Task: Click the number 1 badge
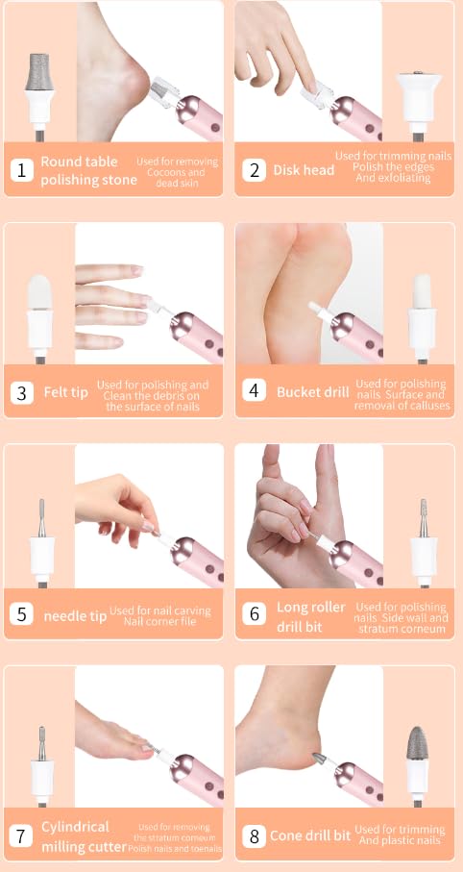pyautogui.click(x=22, y=170)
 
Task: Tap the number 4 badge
pyautogui.click(x=254, y=391)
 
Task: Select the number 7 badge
pyautogui.click(x=22, y=835)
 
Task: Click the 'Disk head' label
pyautogui.click(x=304, y=170)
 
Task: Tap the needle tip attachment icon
pyautogui.click(x=38, y=534)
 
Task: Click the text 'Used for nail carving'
pyautogui.click(x=159, y=610)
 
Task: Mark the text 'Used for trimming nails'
pyautogui.click(x=389, y=156)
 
